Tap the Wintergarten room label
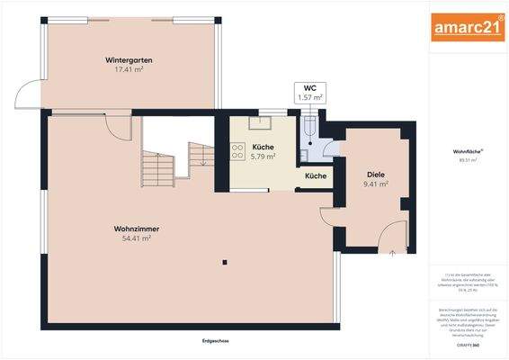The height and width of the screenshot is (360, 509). [129, 60]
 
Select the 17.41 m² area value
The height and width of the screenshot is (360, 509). [129, 70]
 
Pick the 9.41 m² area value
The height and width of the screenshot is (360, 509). [375, 184]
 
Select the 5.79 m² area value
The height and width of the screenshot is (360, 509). [263, 157]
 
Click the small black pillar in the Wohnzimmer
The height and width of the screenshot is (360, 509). [225, 262]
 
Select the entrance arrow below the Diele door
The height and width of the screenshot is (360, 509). [393, 254]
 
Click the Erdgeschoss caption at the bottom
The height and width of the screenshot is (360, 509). [217, 340]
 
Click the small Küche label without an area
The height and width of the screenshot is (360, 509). [315, 175]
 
